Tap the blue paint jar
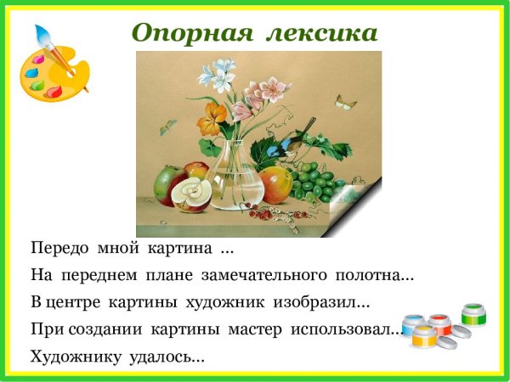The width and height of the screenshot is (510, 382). (413, 323)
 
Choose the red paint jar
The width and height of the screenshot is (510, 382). (439, 323)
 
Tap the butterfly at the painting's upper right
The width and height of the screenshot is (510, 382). (345, 104)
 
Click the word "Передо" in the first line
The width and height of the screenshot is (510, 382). (57, 250)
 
